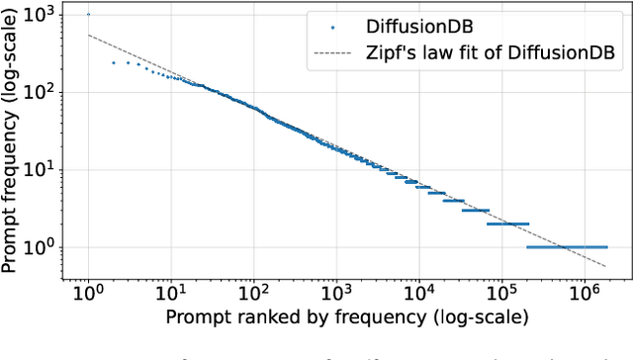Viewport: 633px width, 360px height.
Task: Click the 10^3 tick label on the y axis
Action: [x=43, y=15]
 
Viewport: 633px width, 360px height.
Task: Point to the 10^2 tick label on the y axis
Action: [x=43, y=92]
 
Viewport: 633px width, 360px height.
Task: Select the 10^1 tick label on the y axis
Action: [x=43, y=169]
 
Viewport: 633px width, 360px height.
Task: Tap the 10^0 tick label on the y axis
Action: [x=43, y=246]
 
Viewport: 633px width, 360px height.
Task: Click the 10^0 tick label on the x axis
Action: [x=87, y=294]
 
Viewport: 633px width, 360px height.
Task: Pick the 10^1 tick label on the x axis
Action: [x=170, y=294]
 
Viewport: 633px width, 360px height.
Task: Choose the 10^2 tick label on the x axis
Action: [x=252, y=294]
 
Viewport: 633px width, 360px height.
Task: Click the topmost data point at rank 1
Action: [x=88, y=15]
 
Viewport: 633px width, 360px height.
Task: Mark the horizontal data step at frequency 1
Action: [x=566, y=246]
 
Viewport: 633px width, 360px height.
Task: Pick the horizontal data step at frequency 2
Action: [x=510, y=224]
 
